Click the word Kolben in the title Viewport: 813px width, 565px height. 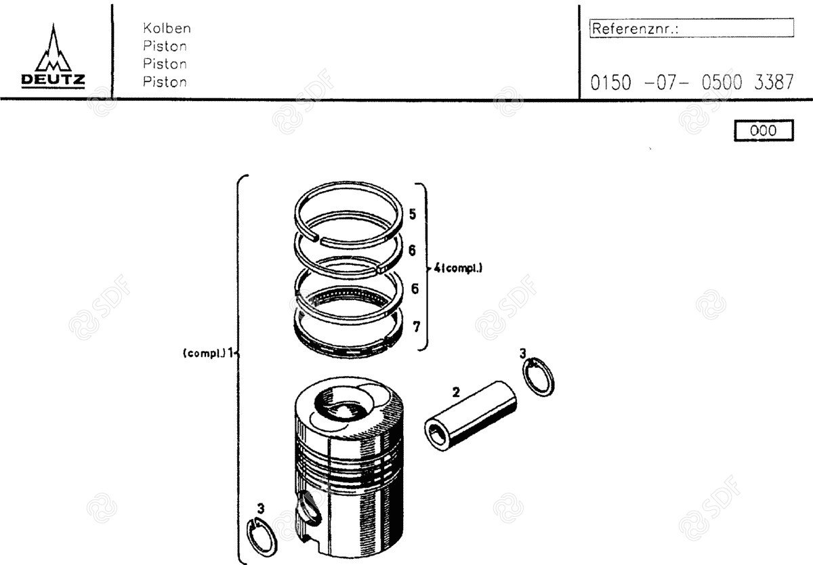tap(167, 28)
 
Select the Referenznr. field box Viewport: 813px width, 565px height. tap(692, 28)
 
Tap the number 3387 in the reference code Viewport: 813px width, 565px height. tap(774, 82)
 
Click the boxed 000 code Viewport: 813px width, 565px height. tap(764, 130)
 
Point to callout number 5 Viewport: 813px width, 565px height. tap(413, 214)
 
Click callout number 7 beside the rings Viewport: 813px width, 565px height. tap(416, 327)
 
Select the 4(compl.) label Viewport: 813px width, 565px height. tap(458, 268)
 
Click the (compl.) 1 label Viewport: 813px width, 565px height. tap(207, 353)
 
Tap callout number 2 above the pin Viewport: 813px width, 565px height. tap(456, 392)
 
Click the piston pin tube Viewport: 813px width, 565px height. tap(470, 415)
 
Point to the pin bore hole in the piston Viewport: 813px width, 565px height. tap(309, 507)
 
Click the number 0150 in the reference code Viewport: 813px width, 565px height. tap(610, 83)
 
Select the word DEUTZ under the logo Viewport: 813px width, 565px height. tap(53, 80)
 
